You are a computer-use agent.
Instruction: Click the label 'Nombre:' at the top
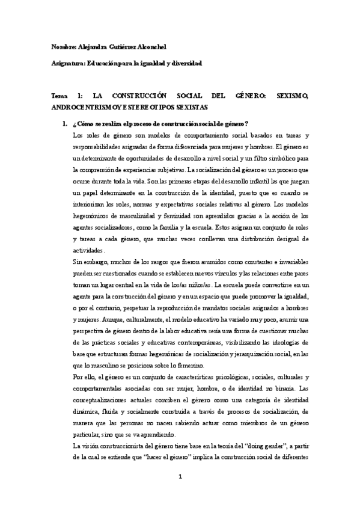coord(64,47)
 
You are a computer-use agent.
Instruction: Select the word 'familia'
coord(172,215)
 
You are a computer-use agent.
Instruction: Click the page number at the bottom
coord(180,477)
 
